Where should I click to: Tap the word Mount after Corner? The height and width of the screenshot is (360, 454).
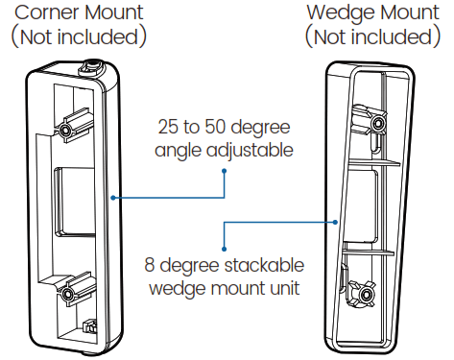[x=111, y=12]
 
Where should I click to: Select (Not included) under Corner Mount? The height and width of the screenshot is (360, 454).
[x=78, y=37]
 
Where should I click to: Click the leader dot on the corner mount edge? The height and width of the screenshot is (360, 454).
[x=113, y=198]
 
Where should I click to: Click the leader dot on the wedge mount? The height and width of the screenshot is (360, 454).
[x=335, y=221]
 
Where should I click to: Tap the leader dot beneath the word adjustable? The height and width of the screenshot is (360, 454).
[x=225, y=173]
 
